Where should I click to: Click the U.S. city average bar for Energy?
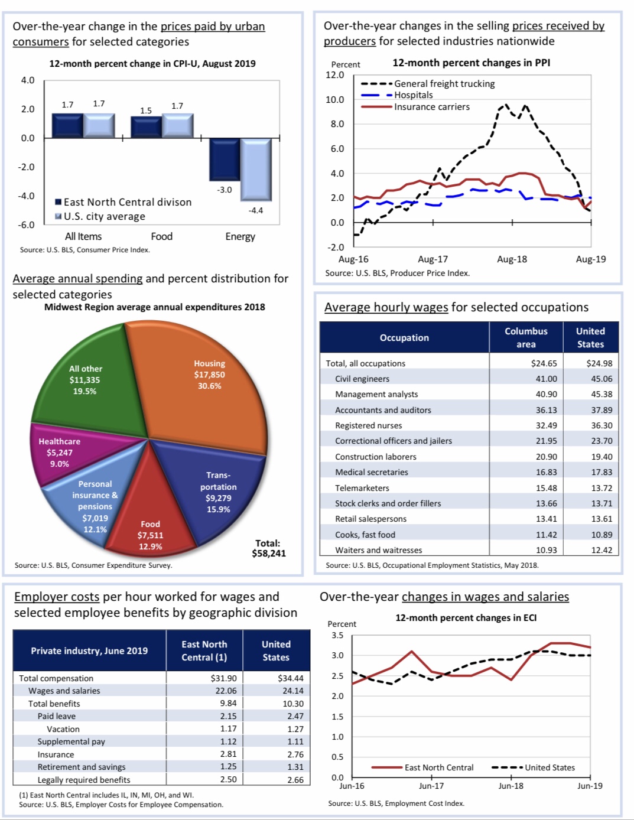pos(256,169)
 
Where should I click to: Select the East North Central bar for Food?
pos(146,127)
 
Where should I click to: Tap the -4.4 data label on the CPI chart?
pos(256,210)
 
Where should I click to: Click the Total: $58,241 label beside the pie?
pos(268,548)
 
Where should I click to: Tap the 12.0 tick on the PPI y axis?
pos(334,75)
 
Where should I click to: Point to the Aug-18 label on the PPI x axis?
pos(512,259)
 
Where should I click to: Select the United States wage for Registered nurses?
pos(602,425)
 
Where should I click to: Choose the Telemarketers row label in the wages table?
pos(362,488)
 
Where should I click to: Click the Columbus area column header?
pos(526,337)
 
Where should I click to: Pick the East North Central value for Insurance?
pos(228,754)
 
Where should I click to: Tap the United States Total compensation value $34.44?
pos(291,678)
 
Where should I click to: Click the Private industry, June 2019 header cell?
pos(89,650)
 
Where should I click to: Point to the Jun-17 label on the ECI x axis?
pos(431,786)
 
